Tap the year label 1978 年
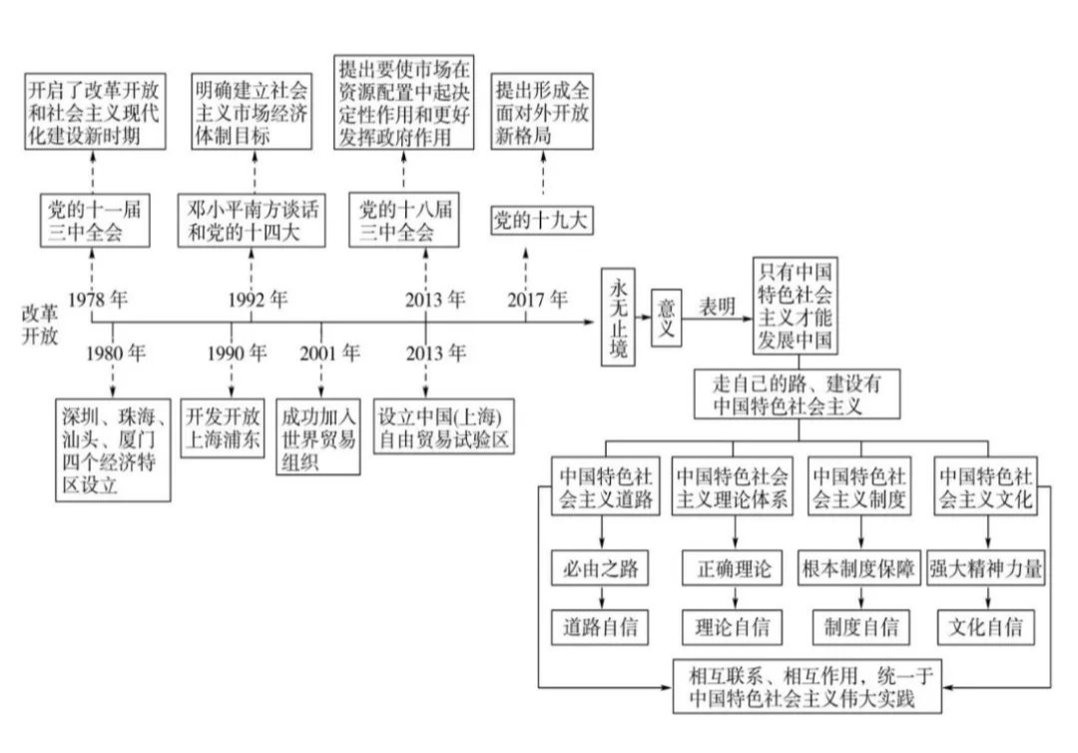pos(101,298)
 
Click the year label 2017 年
pos(536,298)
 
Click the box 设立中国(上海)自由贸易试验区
pos(444,427)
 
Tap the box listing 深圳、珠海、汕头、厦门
pos(113,448)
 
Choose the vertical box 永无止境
pos(619,318)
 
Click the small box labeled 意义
pos(668,319)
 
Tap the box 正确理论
pos(734,570)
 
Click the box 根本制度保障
pos(860,570)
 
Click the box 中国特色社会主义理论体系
pos(734,486)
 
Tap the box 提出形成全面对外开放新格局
pos(541,113)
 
